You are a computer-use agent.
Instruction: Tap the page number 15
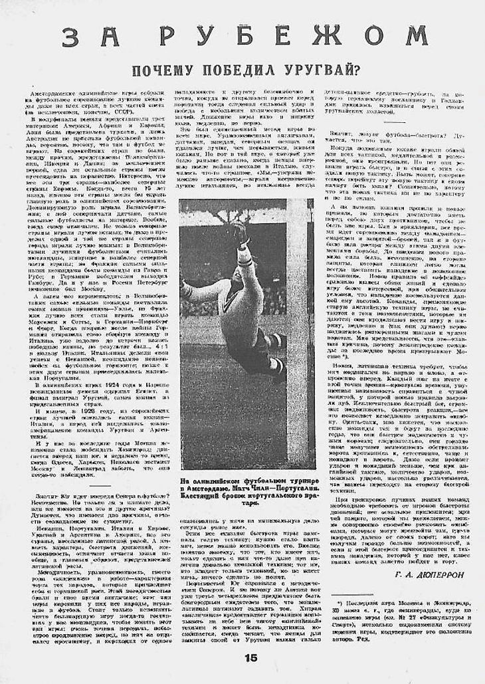[x=249, y=658]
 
